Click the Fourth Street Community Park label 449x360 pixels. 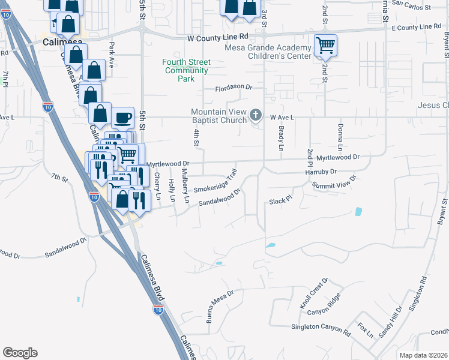coord(187,70)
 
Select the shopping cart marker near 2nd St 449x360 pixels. coord(325,45)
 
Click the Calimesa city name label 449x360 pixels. coord(62,42)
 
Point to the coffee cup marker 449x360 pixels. coord(122,118)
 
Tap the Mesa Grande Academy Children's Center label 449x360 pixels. coord(268,52)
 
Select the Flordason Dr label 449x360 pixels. coord(234,87)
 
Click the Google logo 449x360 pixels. coord(20,353)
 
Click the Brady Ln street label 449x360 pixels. coord(280,138)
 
